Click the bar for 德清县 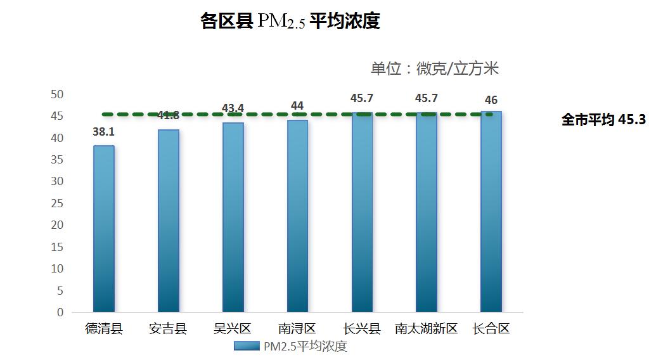(x=104, y=229)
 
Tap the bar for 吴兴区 (x=233, y=217)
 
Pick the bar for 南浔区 (x=297, y=216)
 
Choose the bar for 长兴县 (x=362, y=212)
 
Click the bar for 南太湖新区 (x=426, y=212)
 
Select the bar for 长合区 (x=491, y=212)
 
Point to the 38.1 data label (x=104, y=134)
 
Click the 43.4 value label (x=233, y=108)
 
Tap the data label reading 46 (x=491, y=100)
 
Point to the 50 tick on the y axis (x=58, y=94)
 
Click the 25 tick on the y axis (x=58, y=203)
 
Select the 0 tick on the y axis (x=61, y=312)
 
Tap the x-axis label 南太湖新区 (x=426, y=329)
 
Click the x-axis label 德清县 (x=104, y=329)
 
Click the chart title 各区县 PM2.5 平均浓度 (x=290, y=22)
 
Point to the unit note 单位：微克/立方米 (x=435, y=68)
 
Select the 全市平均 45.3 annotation (x=603, y=120)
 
